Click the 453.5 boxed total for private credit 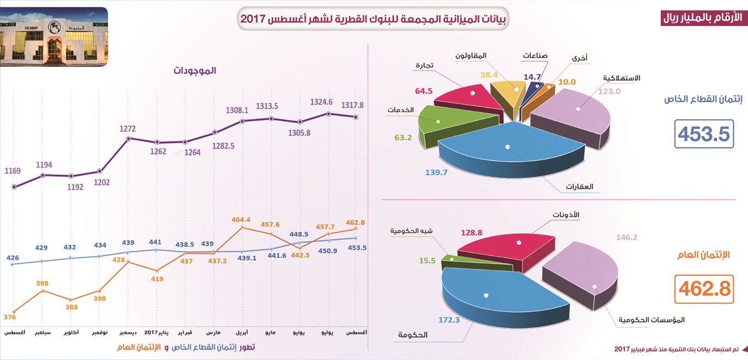coord(704,134)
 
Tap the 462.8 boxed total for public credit coord(704,289)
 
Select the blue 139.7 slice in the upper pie coord(511,150)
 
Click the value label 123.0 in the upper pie coord(609,91)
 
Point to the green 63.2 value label coord(403,138)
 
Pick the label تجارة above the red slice coord(424,65)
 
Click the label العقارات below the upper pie coord(579,187)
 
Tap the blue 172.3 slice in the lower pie coord(501,297)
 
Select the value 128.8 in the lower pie coord(472,233)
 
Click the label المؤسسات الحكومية coord(651,320)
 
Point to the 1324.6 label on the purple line coord(321,102)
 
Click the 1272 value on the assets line coord(127,128)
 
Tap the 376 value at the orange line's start coord(10,317)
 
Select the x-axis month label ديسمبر coord(128,332)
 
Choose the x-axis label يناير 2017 coord(156,332)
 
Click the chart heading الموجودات coord(195,70)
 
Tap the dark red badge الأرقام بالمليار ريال coord(701,18)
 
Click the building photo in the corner coord(54,37)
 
